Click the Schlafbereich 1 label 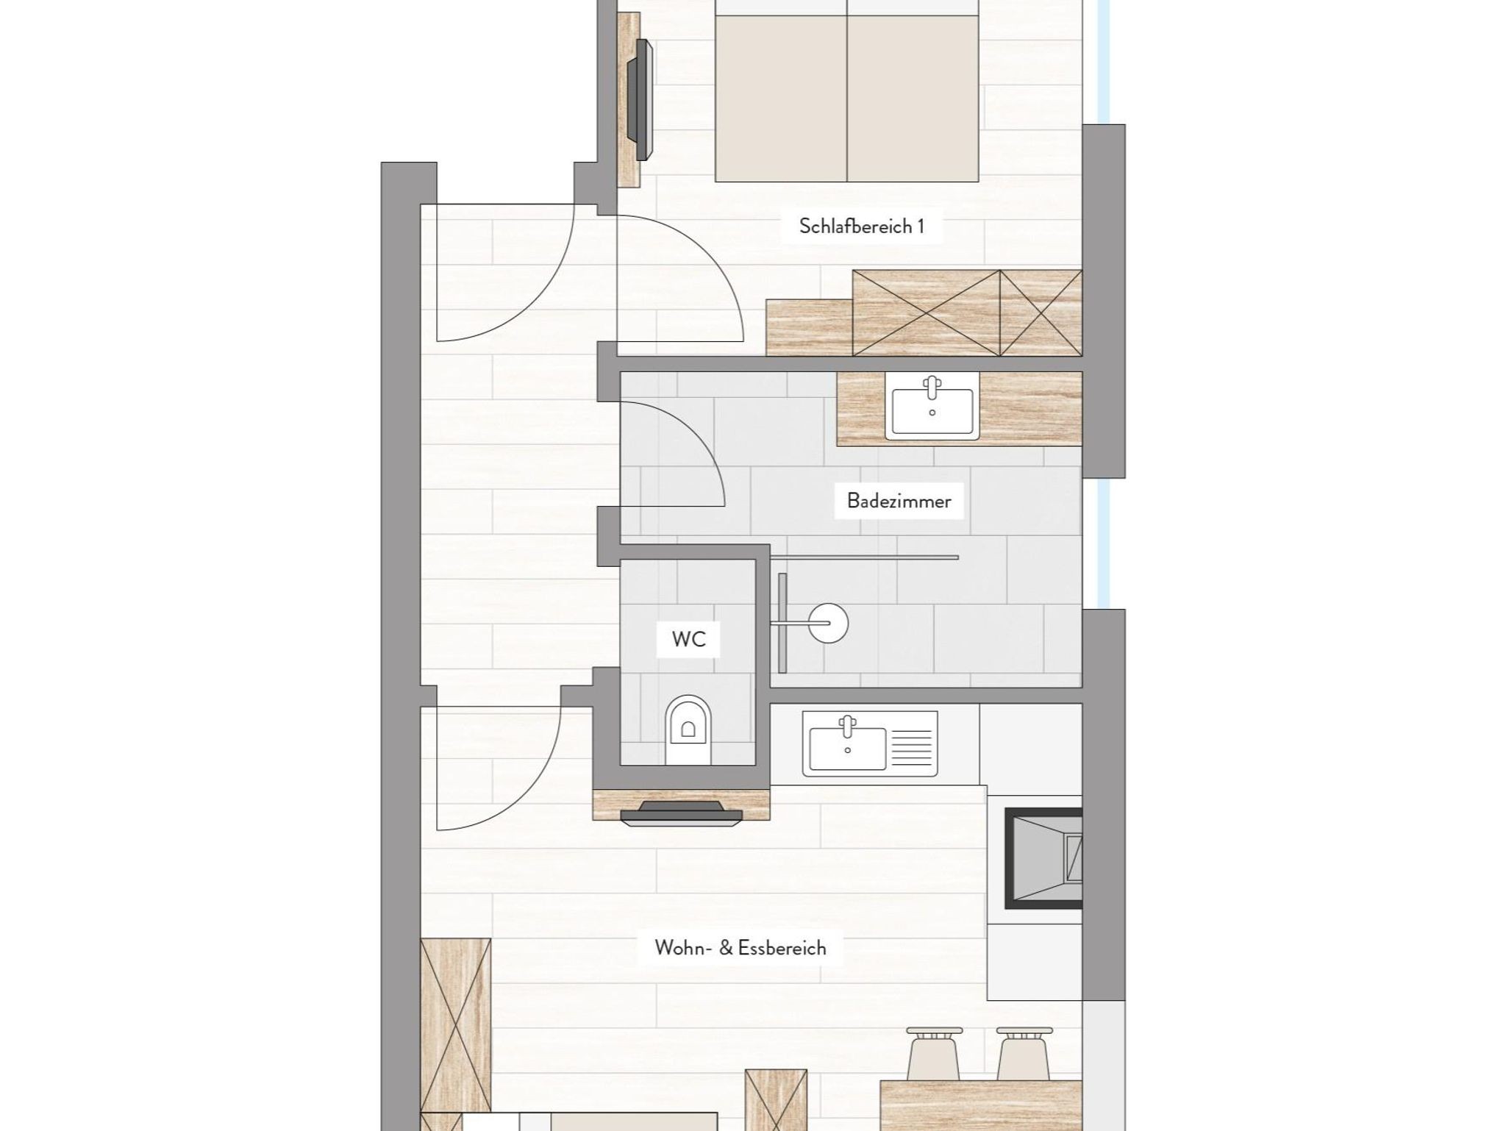coord(861,226)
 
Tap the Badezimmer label coord(899,501)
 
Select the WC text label coord(688,639)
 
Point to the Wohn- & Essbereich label coord(740,948)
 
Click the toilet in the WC coord(688,729)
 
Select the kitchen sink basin coord(847,748)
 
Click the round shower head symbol coord(828,624)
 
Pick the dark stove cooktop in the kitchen coord(1043,858)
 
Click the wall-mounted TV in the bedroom coord(639,100)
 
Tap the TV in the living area coord(681,813)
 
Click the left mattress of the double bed coord(781,98)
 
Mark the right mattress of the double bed coord(913,98)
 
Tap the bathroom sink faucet coord(932,387)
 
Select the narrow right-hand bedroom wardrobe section coord(1041,313)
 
